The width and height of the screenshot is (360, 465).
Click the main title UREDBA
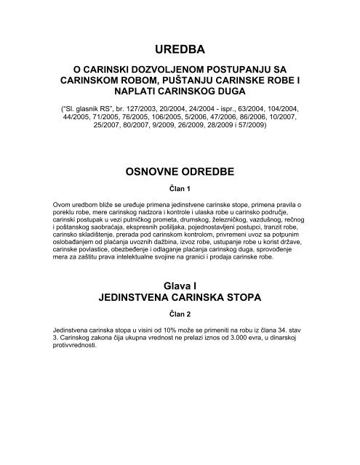[x=180, y=49]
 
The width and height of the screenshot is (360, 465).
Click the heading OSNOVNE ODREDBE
[x=180, y=171]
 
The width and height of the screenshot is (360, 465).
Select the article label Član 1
[x=180, y=189]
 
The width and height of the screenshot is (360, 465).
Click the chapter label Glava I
[x=180, y=286]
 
